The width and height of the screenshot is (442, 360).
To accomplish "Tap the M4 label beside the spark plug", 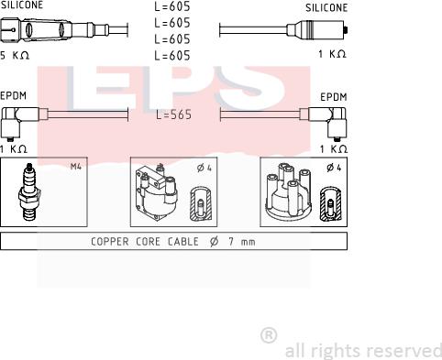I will (x=76, y=167).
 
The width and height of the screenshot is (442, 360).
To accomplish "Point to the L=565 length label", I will (x=172, y=116).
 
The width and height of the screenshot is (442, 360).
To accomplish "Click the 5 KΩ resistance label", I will (x=14, y=55).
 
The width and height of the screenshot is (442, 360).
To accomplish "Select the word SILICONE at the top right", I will (x=326, y=7).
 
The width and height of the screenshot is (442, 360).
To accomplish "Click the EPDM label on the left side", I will (x=14, y=94).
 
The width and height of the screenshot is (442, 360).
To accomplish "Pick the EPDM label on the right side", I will (x=333, y=95).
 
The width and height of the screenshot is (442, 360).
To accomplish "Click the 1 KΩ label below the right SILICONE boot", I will (x=333, y=55).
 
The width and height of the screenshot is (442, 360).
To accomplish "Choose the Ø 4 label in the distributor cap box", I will (x=335, y=167).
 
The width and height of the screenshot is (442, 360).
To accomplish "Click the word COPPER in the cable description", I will (x=110, y=242).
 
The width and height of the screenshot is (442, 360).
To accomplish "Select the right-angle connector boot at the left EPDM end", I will (x=17, y=117).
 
